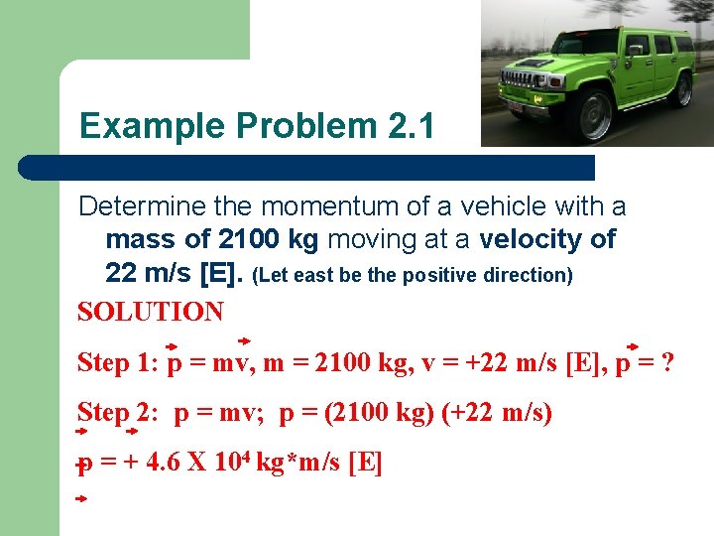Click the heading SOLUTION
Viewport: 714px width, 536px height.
coord(151,312)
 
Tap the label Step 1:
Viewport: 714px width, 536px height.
coord(118,363)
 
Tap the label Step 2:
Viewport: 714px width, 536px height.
coord(118,412)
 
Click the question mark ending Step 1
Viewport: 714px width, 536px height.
coord(667,363)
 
